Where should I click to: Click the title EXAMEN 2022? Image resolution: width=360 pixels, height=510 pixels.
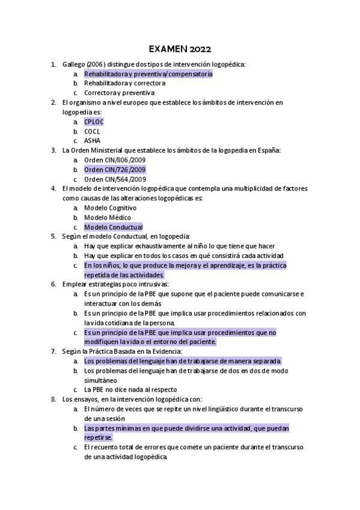click(x=180, y=49)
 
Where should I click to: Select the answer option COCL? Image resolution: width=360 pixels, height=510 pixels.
click(x=93, y=131)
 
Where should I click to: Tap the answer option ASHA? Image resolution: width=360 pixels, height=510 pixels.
click(x=92, y=141)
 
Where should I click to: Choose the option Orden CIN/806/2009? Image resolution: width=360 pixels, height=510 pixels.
click(x=115, y=160)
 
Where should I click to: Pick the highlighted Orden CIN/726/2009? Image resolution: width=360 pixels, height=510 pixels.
click(x=115, y=170)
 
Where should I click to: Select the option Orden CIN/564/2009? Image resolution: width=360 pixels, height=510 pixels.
click(x=115, y=179)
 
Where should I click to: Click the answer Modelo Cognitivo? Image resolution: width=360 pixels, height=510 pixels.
click(x=110, y=208)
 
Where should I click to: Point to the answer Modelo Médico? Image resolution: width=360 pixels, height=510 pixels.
click(x=108, y=218)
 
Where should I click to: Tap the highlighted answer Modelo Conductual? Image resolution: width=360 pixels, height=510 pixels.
click(x=113, y=227)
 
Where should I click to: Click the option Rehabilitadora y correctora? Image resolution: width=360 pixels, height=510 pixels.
click(x=124, y=83)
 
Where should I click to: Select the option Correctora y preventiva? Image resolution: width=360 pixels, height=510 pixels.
click(x=119, y=93)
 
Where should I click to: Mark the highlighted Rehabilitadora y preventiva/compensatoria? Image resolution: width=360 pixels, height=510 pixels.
click(x=148, y=73)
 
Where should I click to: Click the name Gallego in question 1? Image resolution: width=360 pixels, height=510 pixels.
click(x=73, y=64)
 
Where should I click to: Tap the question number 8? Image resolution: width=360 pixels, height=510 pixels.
click(x=53, y=399)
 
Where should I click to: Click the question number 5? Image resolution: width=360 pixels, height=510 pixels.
click(x=53, y=237)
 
